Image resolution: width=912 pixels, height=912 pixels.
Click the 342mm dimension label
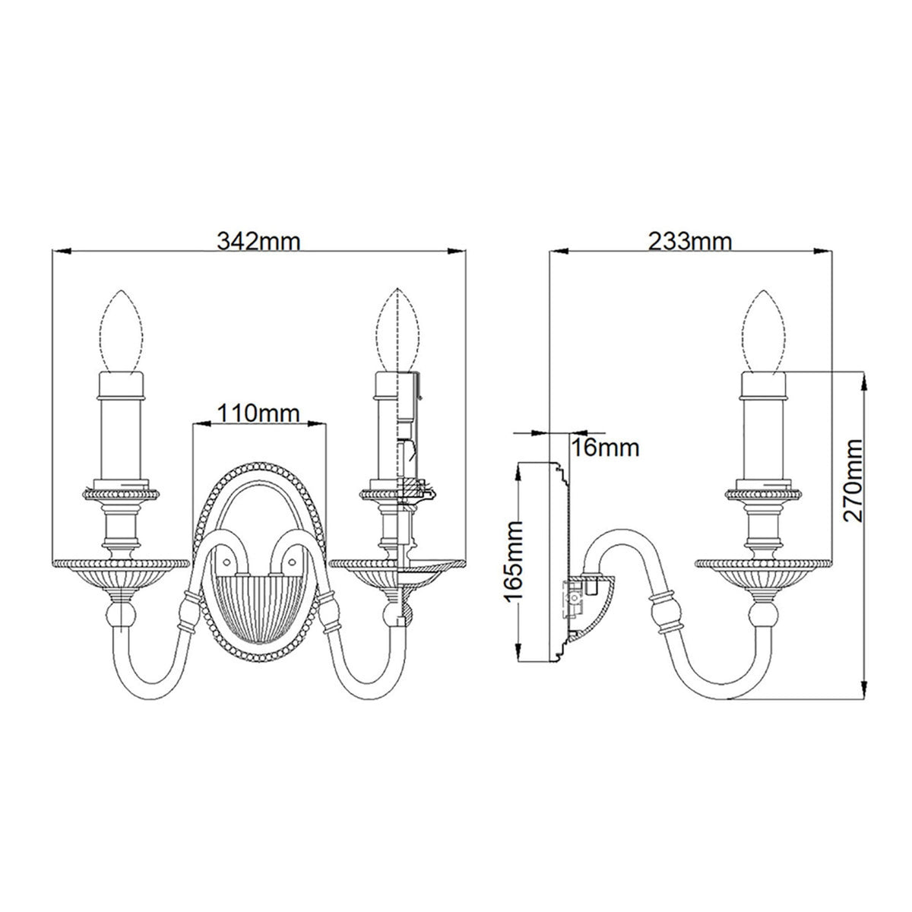click(259, 242)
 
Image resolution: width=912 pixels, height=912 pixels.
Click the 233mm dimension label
click(690, 242)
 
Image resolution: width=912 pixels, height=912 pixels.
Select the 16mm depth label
click(605, 448)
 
